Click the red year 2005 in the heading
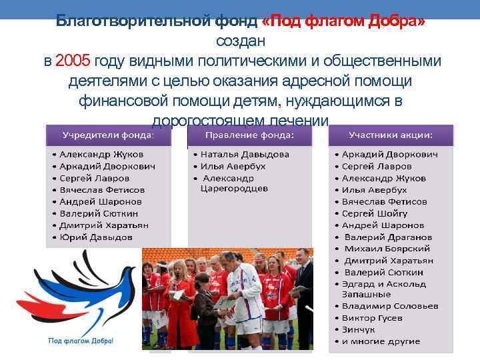(73, 61)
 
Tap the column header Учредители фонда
(108, 135)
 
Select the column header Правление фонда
(249, 135)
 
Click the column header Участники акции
(391, 135)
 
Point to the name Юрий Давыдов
(96, 237)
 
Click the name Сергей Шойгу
(374, 213)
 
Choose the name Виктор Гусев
(372, 318)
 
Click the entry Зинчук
(360, 330)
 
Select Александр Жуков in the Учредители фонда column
(101, 154)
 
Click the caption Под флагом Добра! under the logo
(81, 341)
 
